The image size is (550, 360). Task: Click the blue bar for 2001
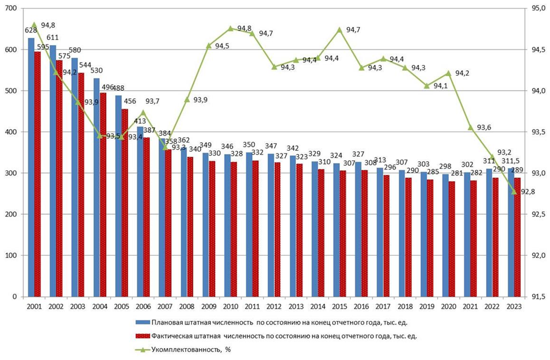(31, 169)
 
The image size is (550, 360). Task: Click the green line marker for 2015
(339, 29)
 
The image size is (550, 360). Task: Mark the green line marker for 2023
(514, 191)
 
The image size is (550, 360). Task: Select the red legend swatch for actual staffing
(141, 336)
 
